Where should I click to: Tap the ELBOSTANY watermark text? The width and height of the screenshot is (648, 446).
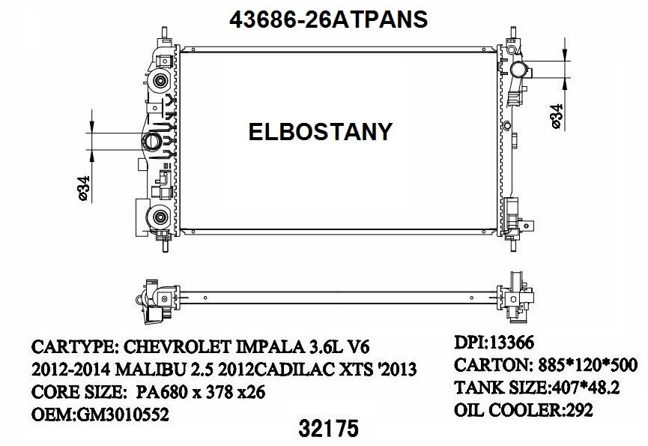coord(320,132)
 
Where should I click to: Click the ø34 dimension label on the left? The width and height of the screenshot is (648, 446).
coord(85,187)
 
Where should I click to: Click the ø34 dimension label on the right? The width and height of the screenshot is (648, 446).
coord(556,117)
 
